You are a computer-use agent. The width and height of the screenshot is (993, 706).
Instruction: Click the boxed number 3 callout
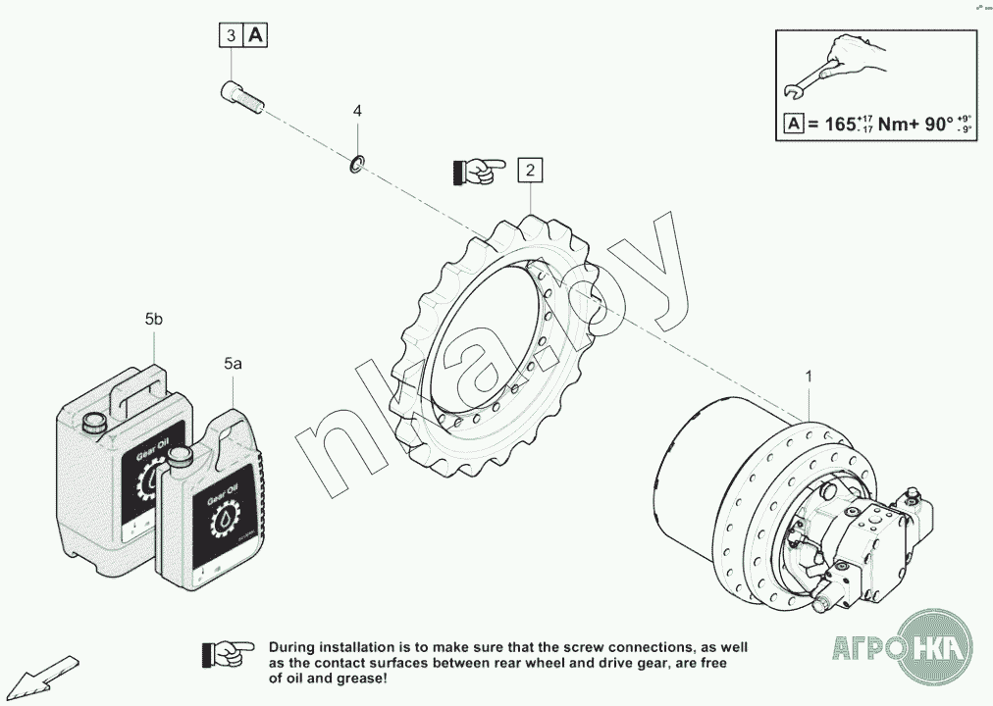pyautogui.click(x=231, y=36)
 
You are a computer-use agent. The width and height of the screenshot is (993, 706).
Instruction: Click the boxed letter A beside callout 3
pyautogui.click(x=255, y=36)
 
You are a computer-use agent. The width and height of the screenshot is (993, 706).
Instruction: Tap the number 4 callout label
pyautogui.click(x=357, y=111)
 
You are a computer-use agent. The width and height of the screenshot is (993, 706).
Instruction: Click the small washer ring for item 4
pyautogui.click(x=357, y=163)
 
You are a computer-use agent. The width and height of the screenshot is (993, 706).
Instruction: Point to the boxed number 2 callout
pyautogui.click(x=530, y=171)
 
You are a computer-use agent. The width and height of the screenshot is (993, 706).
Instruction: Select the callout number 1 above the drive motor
pyautogui.click(x=809, y=377)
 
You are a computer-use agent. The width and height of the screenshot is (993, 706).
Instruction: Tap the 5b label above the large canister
pyautogui.click(x=154, y=320)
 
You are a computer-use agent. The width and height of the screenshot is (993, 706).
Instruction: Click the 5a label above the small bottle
pyautogui.click(x=233, y=363)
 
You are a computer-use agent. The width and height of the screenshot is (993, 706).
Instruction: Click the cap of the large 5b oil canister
pyautogui.click(x=95, y=423)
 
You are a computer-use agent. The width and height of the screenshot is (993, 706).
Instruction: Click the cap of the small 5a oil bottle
pyautogui.click(x=180, y=456)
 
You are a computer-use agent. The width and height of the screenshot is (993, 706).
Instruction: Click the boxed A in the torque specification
pyautogui.click(x=794, y=125)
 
